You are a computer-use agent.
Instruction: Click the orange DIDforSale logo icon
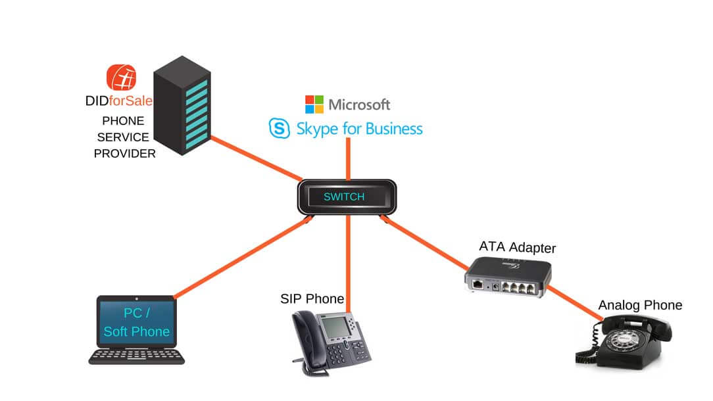[122, 78]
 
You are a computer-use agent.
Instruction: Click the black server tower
[182, 105]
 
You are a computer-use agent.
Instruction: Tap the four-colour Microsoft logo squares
[314, 104]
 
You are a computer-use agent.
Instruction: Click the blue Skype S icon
[279, 128]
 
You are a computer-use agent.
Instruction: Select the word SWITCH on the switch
[344, 197]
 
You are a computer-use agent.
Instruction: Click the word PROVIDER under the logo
[124, 154]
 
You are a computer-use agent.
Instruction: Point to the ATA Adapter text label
[518, 247]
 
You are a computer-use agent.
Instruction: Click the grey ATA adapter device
[508, 277]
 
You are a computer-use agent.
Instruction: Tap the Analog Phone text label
[640, 305]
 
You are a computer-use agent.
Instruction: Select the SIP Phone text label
[312, 298]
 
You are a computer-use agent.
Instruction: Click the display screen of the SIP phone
[335, 327]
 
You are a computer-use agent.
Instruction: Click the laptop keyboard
[136, 356]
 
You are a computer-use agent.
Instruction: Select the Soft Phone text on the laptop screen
[136, 331]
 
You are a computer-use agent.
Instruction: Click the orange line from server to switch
[257, 158]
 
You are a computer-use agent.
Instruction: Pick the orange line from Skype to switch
[349, 159]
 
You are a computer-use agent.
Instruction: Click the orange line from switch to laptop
[243, 257]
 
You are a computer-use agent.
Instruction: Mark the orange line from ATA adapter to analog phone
[575, 303]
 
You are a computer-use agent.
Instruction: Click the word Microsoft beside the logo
[359, 105]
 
